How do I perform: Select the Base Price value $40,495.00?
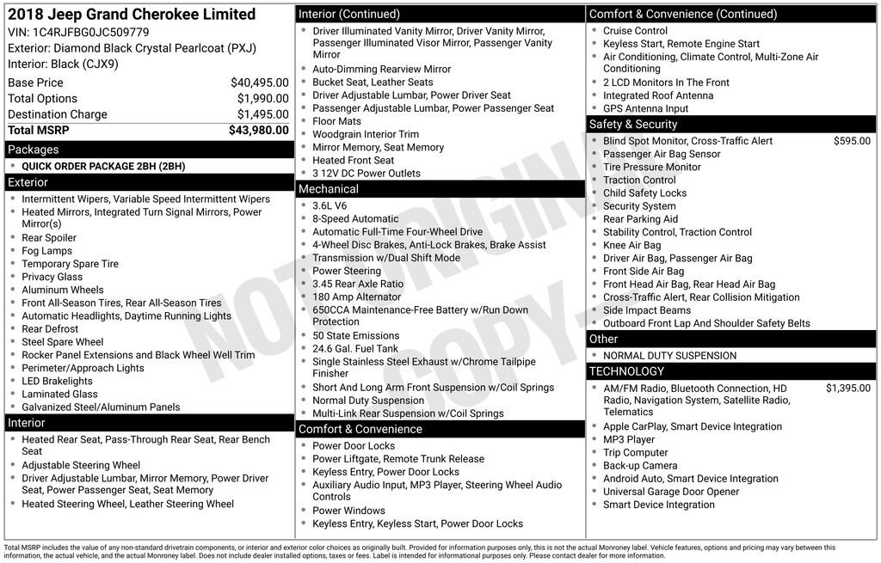(x=259, y=83)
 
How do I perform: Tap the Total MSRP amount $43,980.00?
(x=258, y=131)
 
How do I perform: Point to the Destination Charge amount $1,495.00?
(x=262, y=114)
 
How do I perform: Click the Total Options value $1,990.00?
(x=262, y=99)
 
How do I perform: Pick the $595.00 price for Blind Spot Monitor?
(x=852, y=141)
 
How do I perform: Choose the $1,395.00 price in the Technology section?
(x=847, y=389)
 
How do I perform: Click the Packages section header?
(x=34, y=150)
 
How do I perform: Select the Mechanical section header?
(x=329, y=189)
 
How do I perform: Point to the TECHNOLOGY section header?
(x=626, y=371)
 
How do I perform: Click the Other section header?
(x=603, y=340)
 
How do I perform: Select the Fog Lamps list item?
(x=47, y=251)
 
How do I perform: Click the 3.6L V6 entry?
(x=330, y=206)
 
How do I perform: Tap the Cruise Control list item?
(x=635, y=31)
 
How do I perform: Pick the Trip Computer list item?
(x=635, y=453)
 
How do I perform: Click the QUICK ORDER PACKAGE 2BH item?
(x=103, y=167)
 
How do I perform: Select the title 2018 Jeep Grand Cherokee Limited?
(x=132, y=15)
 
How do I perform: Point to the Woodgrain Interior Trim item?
(x=366, y=134)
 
